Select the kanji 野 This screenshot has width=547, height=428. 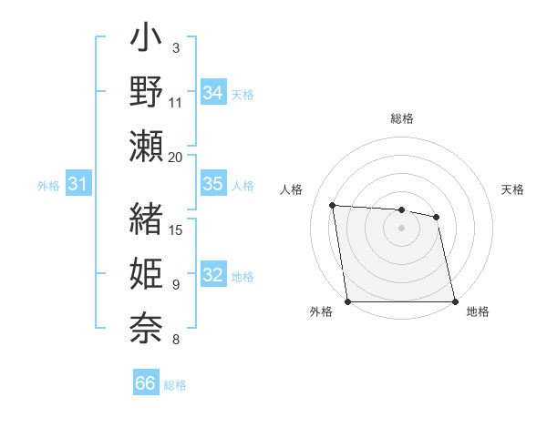(146, 93)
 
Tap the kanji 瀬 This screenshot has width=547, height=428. (146, 146)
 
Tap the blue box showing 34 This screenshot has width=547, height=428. (212, 93)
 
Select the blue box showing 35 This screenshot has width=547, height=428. (212, 184)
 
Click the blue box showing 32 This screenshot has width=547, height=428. (212, 276)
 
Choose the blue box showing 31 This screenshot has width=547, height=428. (77, 185)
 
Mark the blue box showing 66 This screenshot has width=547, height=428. (146, 383)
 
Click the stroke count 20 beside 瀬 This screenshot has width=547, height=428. (176, 157)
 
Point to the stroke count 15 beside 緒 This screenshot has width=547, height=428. (176, 229)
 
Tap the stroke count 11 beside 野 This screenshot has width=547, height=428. (176, 103)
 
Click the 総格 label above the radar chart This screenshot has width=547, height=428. (402, 118)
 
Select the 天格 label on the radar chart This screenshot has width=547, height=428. (512, 189)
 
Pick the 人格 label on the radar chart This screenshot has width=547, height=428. (291, 189)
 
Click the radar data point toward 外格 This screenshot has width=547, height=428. (348, 301)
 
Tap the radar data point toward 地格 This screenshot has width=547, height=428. (455, 301)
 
